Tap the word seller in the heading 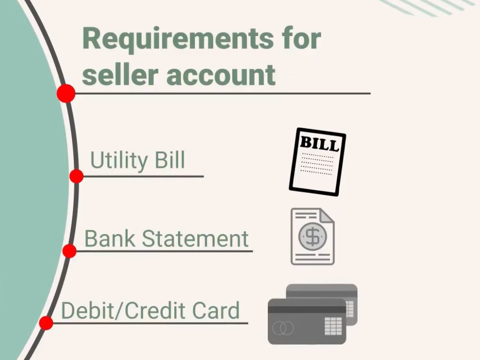(120, 74)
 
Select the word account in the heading (221, 75)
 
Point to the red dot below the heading (66, 94)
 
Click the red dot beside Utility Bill (76, 176)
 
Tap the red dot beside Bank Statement (70, 251)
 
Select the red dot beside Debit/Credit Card (46, 323)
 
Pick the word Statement (195, 239)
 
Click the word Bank (109, 239)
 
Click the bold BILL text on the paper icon (320, 143)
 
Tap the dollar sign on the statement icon (312, 237)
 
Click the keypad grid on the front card (333, 326)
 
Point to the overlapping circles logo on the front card (283, 328)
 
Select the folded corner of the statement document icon (327, 216)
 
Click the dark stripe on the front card (307, 310)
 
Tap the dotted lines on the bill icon (317, 164)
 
